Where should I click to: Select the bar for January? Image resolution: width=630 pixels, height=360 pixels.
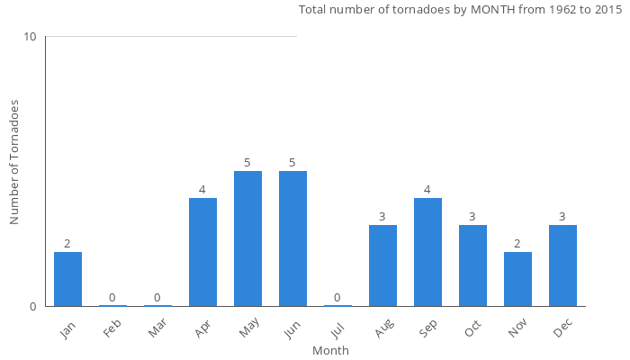67,279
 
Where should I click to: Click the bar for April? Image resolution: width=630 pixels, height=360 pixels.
202,252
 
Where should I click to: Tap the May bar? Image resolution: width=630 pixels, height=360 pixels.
247,238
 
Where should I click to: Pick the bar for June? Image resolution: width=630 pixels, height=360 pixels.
292,238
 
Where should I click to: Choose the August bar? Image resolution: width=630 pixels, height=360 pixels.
382,265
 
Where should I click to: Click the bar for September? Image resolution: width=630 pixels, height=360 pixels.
427,252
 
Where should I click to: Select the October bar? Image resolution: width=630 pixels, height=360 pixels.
472,265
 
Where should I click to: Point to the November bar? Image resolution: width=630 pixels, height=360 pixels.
517,279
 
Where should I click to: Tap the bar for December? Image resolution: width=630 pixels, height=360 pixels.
562,265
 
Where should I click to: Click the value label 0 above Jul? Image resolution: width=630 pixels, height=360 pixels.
337,298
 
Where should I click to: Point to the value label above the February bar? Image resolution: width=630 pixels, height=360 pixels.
112,298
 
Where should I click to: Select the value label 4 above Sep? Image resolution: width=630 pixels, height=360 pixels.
427,190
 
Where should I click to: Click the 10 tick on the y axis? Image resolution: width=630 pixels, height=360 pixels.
31,37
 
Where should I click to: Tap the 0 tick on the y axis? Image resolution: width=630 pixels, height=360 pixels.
33,306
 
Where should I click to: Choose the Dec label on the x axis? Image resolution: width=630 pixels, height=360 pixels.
562,328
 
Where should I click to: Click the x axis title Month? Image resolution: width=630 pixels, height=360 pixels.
330,350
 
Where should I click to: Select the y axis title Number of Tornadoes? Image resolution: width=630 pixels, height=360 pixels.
15,163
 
